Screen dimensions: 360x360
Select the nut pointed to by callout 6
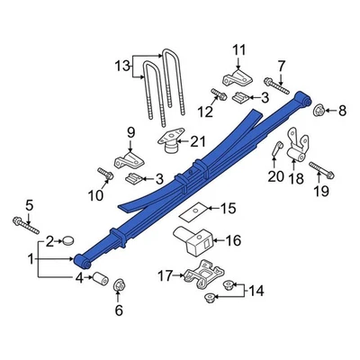(119, 287)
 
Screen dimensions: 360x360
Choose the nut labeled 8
(319, 111)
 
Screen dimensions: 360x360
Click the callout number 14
(256, 290)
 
